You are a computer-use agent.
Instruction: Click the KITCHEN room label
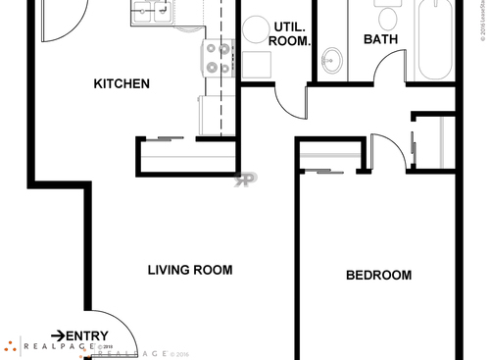tap(122, 83)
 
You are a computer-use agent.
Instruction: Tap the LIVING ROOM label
tap(190, 270)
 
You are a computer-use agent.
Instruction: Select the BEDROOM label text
tap(378, 276)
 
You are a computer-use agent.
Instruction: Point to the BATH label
tap(381, 40)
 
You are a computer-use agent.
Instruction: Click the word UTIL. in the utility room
tap(288, 26)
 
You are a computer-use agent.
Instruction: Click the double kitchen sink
tap(153, 12)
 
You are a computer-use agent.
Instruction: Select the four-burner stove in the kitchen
tap(218, 58)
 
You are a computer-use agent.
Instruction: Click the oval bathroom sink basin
tap(330, 61)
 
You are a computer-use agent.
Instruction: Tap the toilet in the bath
tap(387, 15)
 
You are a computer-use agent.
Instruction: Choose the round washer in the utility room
tap(257, 29)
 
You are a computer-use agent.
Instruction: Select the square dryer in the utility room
tap(257, 66)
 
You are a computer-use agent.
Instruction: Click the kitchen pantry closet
tap(187, 156)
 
